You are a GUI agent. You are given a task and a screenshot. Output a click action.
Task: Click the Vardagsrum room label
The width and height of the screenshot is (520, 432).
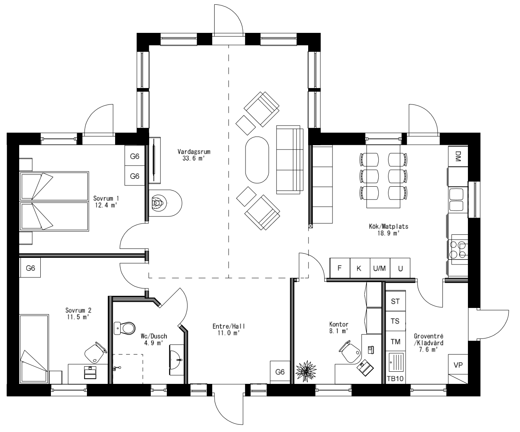point(191,152)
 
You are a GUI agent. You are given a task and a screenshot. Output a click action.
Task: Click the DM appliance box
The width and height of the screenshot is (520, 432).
point(458,157)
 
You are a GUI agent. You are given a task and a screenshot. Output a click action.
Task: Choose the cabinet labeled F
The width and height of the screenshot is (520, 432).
point(339,268)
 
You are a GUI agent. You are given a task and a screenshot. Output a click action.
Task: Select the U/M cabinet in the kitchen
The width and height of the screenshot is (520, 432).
point(379,268)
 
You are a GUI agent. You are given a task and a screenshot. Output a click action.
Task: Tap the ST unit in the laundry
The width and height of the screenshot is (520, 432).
point(395,301)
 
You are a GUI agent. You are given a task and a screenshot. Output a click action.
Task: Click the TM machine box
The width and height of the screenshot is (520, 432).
point(395,341)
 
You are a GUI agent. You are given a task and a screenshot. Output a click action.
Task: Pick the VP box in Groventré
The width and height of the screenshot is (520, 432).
point(458,365)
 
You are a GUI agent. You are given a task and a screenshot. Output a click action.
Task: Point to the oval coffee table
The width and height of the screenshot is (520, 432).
point(257,159)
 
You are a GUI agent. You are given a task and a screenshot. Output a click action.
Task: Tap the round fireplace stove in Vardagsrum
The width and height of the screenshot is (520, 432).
point(159,203)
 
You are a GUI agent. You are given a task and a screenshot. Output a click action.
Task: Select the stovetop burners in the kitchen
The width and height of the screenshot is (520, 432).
point(458,249)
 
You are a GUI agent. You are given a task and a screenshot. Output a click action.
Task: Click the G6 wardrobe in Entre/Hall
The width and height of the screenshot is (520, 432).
point(280,372)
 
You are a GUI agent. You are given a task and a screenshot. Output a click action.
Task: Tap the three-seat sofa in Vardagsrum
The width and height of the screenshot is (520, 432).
point(290,159)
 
